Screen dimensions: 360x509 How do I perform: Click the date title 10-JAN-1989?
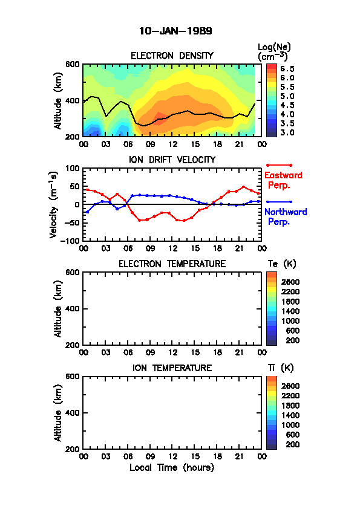(x=175, y=31)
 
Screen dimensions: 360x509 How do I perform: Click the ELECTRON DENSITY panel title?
(x=172, y=56)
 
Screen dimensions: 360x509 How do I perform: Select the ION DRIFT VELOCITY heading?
(x=172, y=160)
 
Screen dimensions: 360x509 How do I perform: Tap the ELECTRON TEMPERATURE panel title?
(x=172, y=264)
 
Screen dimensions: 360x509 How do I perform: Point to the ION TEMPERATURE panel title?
(x=172, y=368)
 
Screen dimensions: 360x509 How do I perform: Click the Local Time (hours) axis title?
(x=172, y=468)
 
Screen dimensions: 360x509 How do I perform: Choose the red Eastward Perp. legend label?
(x=283, y=180)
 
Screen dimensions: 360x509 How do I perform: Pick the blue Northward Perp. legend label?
(x=286, y=217)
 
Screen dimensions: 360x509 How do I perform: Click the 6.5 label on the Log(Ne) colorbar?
(x=287, y=69)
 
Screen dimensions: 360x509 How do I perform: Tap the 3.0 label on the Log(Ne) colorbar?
(x=287, y=132)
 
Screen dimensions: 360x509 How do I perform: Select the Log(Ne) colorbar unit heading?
(x=274, y=52)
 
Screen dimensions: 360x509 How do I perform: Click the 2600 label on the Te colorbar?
(x=290, y=282)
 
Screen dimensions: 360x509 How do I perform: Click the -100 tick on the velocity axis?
(x=72, y=241)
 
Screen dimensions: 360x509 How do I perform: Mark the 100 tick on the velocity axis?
(x=73, y=168)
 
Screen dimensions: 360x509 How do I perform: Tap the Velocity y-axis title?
(x=54, y=204)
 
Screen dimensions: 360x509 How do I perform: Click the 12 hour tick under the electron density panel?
(x=173, y=144)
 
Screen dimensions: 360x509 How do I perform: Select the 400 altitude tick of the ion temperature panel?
(x=73, y=413)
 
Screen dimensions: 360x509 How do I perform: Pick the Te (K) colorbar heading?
(x=282, y=264)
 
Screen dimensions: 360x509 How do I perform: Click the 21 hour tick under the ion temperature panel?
(x=240, y=457)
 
